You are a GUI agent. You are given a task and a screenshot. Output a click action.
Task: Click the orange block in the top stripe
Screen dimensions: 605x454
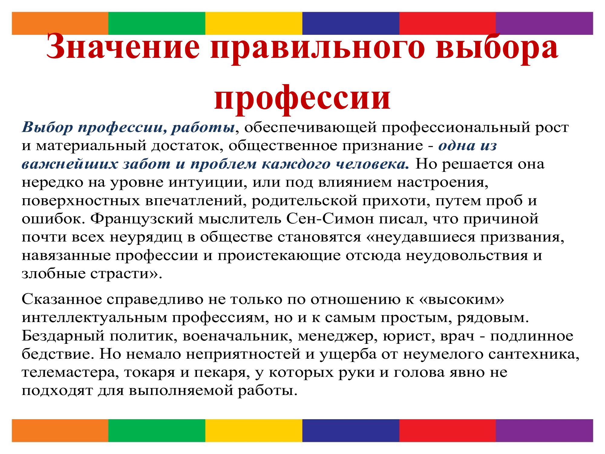(x=60, y=23)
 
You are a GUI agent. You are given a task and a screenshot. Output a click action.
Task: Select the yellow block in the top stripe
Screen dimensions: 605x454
(x=254, y=23)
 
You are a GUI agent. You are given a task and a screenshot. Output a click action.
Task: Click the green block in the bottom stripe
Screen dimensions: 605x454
(x=157, y=430)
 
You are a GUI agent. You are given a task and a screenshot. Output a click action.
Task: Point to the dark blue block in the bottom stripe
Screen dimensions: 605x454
(x=351, y=430)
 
